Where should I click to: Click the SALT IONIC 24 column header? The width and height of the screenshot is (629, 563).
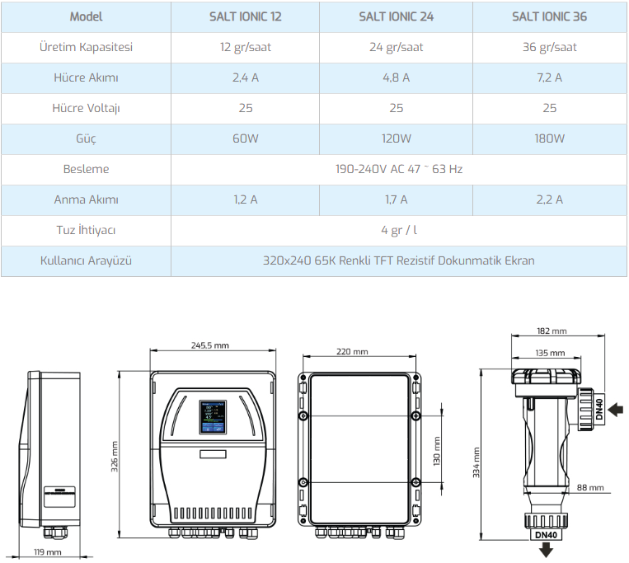[397, 16]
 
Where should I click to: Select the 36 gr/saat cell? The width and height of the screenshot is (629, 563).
[550, 47]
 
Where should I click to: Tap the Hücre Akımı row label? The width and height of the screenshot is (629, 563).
[86, 77]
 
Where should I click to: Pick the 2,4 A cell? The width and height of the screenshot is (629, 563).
[246, 77]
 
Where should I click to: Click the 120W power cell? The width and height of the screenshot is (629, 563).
[397, 138]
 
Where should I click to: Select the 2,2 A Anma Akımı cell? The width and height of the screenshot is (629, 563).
[550, 199]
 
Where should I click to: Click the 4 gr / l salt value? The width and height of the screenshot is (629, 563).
[399, 230]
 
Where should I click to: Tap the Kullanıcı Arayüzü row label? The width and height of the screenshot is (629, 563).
[86, 260]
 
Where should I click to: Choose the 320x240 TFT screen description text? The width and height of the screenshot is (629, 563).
[399, 260]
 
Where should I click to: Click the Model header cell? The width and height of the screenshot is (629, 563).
[86, 16]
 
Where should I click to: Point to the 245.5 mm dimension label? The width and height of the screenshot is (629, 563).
[210, 345]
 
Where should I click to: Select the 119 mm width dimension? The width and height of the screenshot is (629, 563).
[48, 551]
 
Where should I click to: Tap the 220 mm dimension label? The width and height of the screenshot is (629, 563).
[353, 351]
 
